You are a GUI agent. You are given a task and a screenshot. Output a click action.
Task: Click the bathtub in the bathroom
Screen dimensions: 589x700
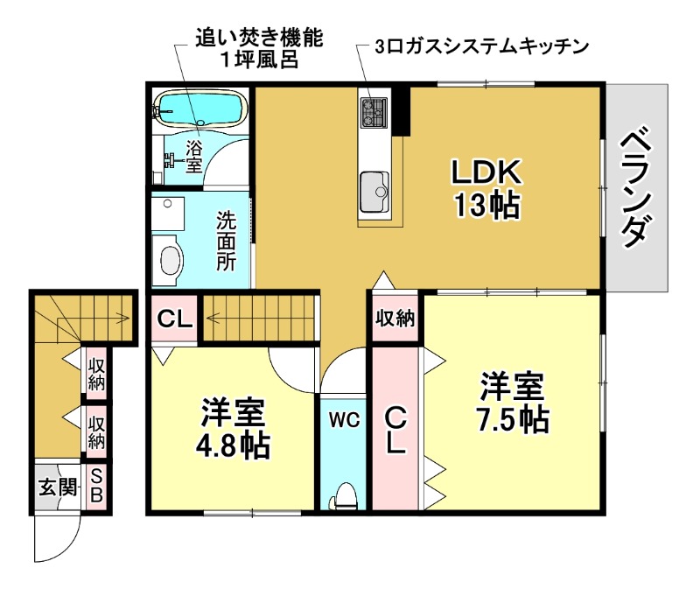tap(199, 110)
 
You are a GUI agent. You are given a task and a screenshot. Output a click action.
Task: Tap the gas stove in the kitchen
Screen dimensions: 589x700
tap(375, 111)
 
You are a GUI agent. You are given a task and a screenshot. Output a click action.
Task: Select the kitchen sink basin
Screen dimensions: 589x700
tap(374, 187)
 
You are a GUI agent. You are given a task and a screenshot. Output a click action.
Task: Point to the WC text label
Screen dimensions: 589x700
tap(345, 420)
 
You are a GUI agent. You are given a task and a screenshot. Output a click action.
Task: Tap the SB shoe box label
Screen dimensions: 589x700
tap(96, 487)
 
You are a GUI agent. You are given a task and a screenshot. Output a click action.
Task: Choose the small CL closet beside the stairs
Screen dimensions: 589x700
tap(174, 319)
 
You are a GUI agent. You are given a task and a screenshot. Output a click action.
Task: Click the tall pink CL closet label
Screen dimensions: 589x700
tap(395, 429)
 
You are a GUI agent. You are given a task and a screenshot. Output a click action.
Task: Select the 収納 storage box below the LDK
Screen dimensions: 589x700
tap(395, 319)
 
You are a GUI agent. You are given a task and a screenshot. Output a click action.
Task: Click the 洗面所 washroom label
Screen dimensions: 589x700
tap(227, 241)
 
